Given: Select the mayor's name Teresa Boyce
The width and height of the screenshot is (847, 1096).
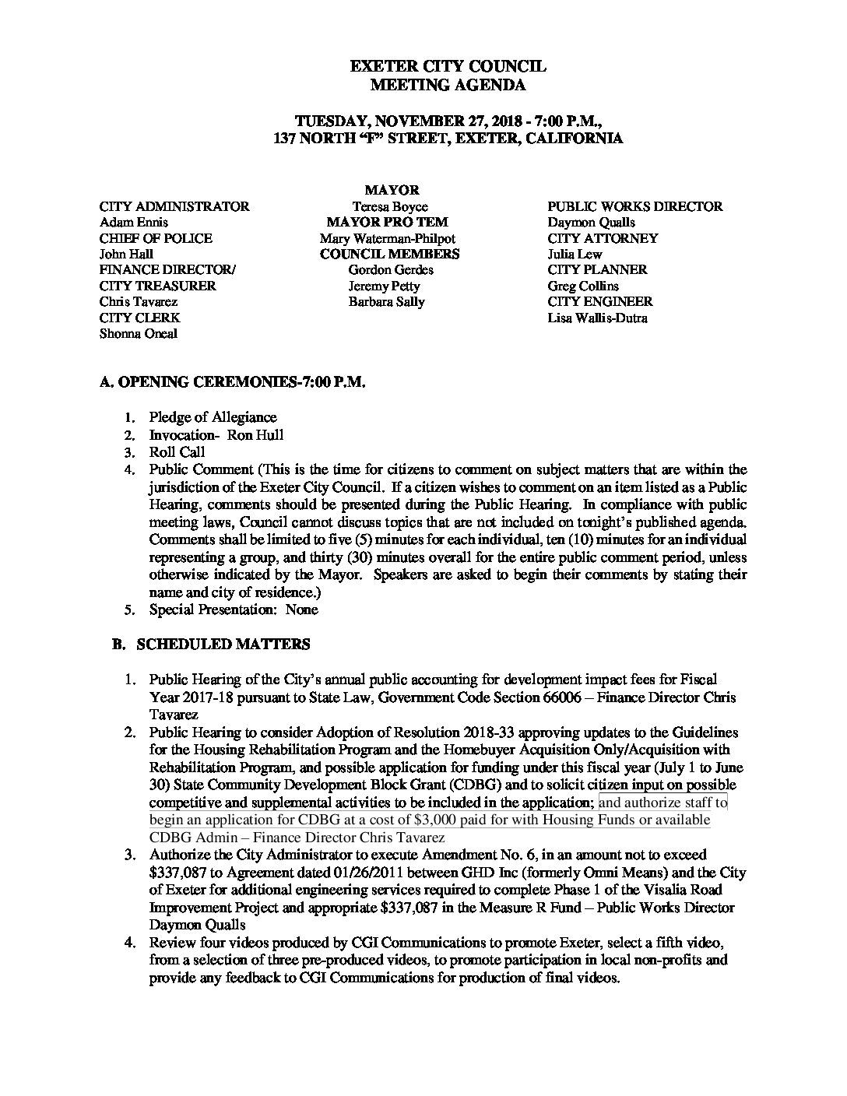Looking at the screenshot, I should pyautogui.click(x=387, y=206).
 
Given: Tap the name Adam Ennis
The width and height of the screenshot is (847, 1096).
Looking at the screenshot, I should pyautogui.click(x=133, y=222).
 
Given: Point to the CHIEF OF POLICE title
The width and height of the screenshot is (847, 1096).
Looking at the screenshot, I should pyautogui.click(x=156, y=238).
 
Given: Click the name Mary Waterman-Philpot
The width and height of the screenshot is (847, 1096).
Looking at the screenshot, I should pyautogui.click(x=387, y=238).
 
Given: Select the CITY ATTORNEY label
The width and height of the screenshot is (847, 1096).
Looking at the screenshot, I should pyautogui.click(x=603, y=238).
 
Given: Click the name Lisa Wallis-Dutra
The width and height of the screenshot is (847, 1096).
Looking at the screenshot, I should pyautogui.click(x=597, y=318).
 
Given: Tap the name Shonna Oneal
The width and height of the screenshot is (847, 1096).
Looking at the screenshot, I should pyautogui.click(x=138, y=333).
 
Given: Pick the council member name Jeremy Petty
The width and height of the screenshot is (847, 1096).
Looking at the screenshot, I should pyautogui.click(x=384, y=286).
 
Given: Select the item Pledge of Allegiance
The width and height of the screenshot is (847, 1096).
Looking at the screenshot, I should pyautogui.click(x=213, y=417).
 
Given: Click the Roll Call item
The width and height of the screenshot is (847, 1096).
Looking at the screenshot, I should pyautogui.click(x=177, y=452).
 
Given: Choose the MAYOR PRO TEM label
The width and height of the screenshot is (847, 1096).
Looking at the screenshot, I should pyautogui.click(x=387, y=222).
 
